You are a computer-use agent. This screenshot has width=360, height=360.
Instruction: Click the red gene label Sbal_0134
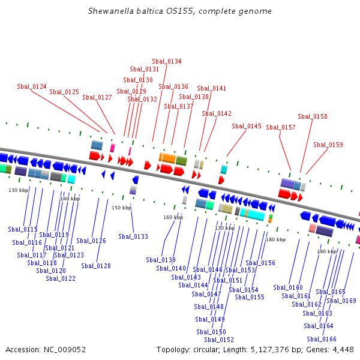167,61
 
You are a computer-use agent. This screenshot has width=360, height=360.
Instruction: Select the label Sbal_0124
32,86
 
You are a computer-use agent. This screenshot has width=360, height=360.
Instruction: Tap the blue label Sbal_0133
133,236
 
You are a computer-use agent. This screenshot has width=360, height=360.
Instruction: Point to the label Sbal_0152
219,340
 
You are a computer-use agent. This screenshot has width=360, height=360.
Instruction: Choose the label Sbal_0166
322,339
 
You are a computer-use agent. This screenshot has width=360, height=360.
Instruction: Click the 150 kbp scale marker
121,208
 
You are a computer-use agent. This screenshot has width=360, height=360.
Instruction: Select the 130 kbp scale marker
19,190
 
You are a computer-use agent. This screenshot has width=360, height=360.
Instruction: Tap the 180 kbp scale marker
276,239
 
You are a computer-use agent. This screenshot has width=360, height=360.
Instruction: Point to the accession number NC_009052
65,350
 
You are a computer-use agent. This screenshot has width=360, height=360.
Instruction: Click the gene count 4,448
343,350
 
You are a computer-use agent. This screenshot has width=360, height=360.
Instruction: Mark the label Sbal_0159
328,145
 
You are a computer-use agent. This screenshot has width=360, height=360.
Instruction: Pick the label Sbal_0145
247,126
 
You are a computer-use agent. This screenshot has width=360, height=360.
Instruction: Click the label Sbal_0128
96,266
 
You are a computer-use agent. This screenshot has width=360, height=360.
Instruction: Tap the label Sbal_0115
23,229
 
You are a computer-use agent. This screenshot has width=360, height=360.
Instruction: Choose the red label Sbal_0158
313,116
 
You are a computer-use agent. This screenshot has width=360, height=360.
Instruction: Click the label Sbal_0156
260,263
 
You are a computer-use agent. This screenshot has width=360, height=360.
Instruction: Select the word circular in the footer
206,350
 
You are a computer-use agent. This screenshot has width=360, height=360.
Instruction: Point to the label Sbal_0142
217,113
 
